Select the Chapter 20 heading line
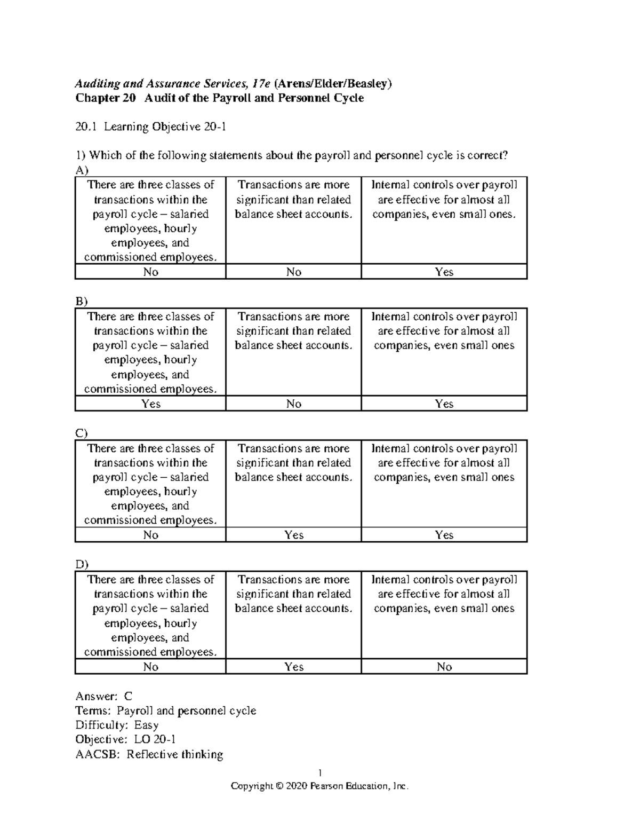[219, 98]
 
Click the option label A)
[82, 170]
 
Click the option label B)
[82, 302]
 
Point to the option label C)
[82, 433]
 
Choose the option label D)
[82, 564]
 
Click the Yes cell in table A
[444, 272]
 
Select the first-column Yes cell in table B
[150, 404]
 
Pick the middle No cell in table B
[293, 404]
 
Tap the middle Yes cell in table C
[293, 535]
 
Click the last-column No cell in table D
[444, 667]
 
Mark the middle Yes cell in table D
[293, 667]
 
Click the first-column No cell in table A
[150, 272]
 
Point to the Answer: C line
[104, 696]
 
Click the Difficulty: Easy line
[117, 725]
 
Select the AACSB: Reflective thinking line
[149, 754]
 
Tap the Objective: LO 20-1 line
[125, 739]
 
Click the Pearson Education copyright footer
[319, 786]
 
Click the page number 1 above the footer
[319, 772]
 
